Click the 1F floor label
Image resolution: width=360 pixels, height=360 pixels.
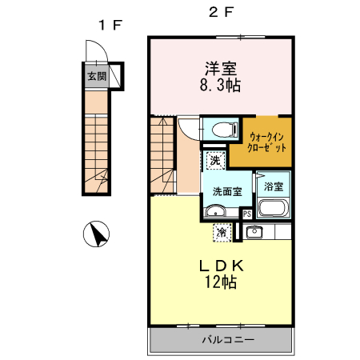coord(110,26)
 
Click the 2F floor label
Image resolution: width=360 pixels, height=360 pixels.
coord(222,12)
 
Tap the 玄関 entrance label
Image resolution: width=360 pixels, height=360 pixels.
coord(97,76)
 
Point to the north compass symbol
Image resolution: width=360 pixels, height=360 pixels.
coord(96,234)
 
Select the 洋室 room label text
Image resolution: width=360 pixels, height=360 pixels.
coord(221,69)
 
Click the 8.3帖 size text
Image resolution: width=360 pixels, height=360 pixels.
coord(220,86)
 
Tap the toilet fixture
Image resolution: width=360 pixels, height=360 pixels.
coord(225,130)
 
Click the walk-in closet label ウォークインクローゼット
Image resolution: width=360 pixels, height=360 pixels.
coord(266,142)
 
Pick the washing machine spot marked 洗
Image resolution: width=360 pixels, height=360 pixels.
coord(216,161)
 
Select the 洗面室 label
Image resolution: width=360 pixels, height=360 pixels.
coord(227,191)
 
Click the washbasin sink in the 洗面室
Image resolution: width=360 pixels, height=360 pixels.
coord(215,211)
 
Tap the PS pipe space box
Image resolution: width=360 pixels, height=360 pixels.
coord(247,214)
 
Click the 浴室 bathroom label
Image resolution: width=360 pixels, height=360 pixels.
coord(274,186)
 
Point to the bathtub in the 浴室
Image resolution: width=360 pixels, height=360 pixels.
coord(274,208)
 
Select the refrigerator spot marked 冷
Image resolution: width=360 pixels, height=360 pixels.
coord(222,233)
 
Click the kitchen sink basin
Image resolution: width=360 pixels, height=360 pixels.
coord(254,233)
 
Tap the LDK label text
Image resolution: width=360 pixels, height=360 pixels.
coord(222,266)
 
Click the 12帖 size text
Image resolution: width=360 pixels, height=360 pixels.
coord(221,282)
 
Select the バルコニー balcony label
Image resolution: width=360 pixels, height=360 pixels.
coord(228,339)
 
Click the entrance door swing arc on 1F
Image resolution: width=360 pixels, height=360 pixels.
coord(102,46)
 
